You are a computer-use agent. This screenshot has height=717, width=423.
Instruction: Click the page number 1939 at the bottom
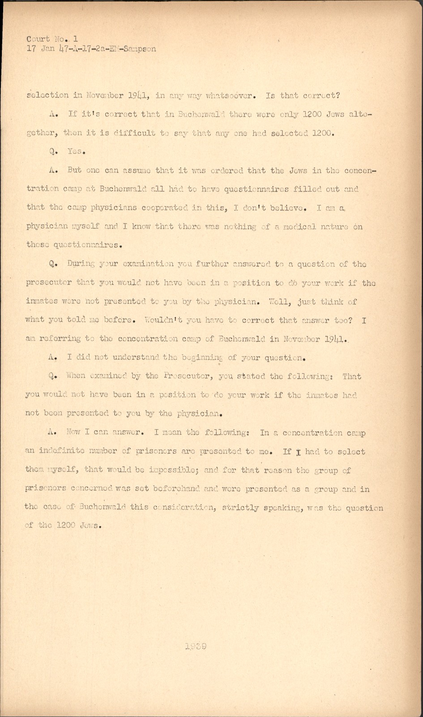tap(195, 646)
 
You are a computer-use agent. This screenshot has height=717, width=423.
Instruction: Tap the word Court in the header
tap(38, 39)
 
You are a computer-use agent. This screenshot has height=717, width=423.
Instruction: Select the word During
tap(81, 264)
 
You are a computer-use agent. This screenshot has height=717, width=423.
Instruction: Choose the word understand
tap(136, 358)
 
